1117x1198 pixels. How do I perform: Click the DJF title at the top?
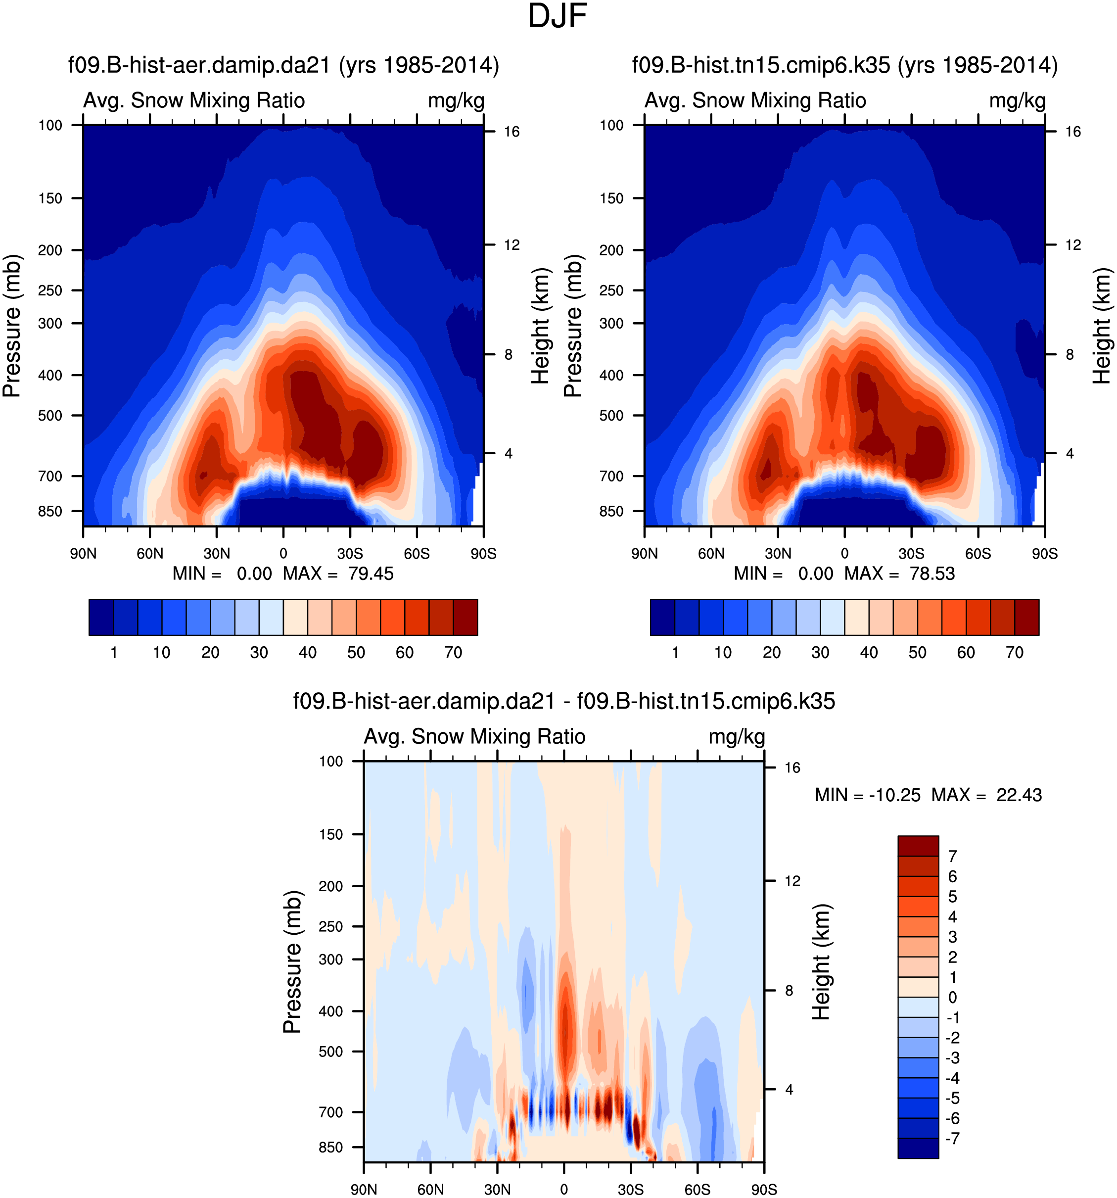[558, 16]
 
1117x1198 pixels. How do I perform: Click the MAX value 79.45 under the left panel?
[371, 574]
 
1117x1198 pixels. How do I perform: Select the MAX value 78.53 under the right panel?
[932, 574]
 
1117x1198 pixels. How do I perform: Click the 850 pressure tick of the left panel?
[50, 512]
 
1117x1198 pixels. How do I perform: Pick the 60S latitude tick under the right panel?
[978, 554]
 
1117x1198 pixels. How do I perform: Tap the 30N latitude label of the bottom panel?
[497, 1190]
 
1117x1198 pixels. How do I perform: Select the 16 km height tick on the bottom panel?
[792, 767]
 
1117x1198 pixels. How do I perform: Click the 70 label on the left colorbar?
[453, 653]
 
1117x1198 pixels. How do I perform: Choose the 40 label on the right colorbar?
[869, 653]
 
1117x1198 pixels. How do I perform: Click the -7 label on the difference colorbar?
[953, 1138]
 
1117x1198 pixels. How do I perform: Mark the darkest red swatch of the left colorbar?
[465, 617]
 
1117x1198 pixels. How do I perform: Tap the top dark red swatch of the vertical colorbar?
[918, 846]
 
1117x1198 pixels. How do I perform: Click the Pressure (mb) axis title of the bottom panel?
[292, 962]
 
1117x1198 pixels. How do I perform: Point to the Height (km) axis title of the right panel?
[1102, 326]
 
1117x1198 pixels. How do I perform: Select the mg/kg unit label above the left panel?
[456, 100]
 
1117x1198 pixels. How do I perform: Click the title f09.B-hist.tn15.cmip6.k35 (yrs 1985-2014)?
[845, 65]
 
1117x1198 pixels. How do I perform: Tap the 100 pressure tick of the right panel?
[611, 125]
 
